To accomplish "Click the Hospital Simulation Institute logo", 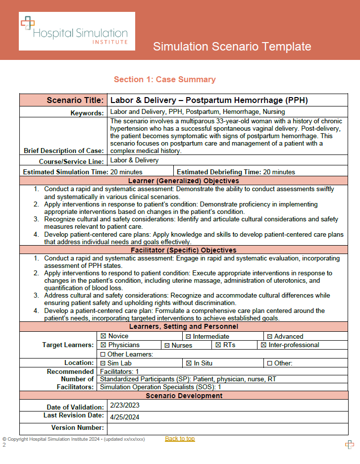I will coord(77,31).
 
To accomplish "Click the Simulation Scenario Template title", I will coord(232,47).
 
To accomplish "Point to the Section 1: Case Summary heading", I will coord(164,79).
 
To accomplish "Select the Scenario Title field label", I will coord(75,100).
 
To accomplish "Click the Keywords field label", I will coord(87,113).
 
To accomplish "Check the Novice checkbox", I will coord(103,336).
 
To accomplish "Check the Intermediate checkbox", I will coord(188,337).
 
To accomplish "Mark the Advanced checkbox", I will coord(270,337).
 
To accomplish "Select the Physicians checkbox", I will coord(103,345).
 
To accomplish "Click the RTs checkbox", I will coord(218,345).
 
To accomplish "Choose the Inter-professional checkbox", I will coord(263,345).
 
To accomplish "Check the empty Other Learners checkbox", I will coord(103,354).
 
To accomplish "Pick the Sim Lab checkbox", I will coord(103,363).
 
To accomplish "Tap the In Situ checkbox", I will coord(189,363).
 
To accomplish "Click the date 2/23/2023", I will coord(125,405).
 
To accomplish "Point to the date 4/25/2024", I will coord(125,417).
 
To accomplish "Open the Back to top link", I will coord(180,439).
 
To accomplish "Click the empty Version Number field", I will coord(230,428).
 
